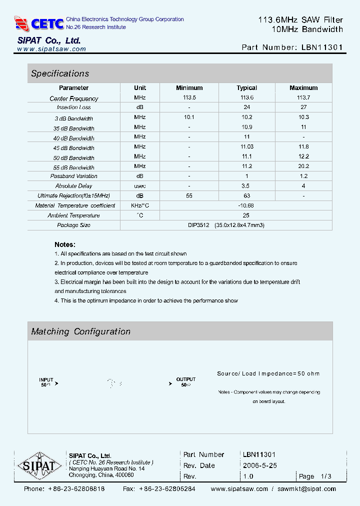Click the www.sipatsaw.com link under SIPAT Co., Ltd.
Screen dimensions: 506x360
(x=51, y=49)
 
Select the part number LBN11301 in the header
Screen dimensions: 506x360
(x=322, y=47)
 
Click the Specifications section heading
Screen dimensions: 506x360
(x=60, y=73)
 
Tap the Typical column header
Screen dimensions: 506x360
(x=246, y=88)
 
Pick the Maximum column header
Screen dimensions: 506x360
(x=303, y=88)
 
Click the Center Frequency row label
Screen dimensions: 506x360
(x=74, y=98)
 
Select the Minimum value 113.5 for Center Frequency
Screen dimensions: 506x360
(x=189, y=98)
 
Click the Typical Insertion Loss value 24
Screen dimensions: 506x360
(x=246, y=107)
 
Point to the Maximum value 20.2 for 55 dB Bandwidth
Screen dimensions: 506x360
(x=303, y=166)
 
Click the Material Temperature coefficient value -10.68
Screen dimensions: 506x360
(x=246, y=205)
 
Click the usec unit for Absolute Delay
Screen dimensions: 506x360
(x=140, y=186)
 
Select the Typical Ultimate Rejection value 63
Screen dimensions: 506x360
(x=246, y=196)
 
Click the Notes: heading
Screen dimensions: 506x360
(x=65, y=244)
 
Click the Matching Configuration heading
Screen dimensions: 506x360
(x=81, y=331)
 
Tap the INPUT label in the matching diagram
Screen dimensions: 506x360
(x=46, y=379)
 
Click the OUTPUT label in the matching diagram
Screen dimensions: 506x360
(x=186, y=379)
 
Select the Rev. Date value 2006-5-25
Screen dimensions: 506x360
(x=259, y=465)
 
